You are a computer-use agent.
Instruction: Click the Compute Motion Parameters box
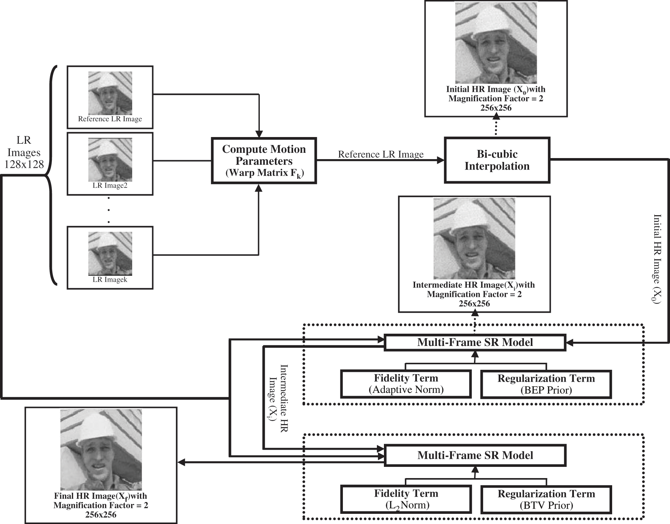tap(264, 161)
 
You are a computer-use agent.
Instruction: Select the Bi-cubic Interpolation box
tap(497, 160)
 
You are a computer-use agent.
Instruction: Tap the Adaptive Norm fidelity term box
tap(406, 384)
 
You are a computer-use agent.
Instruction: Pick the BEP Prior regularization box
tap(546, 385)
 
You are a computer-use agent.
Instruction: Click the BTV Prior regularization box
tap(546, 499)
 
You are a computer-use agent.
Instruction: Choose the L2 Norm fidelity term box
tap(406, 499)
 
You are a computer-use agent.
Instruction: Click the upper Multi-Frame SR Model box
tap(475, 342)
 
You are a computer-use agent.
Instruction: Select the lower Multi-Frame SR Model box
tap(475, 455)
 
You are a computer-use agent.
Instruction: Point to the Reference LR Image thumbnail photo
tap(110, 93)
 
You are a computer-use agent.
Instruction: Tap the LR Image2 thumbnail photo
tap(110, 159)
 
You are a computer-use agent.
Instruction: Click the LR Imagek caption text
tap(110, 280)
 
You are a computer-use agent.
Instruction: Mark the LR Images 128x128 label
tap(24, 152)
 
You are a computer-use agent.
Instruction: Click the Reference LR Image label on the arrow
tap(380, 154)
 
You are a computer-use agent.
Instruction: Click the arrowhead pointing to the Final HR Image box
tap(182, 463)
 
